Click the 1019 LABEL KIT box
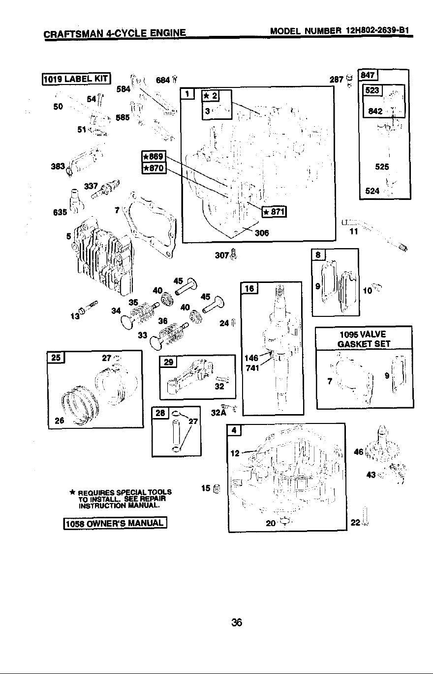point(76,79)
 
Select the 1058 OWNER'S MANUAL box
point(115,523)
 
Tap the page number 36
point(237,622)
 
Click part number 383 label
point(58,166)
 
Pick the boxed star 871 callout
point(274,212)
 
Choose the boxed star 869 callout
point(154,156)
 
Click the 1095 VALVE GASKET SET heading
point(364,339)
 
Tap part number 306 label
point(262,233)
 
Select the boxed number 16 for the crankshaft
point(249,288)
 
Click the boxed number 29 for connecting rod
point(168,362)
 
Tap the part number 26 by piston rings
point(60,421)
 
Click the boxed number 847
point(368,75)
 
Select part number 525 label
point(382,167)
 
